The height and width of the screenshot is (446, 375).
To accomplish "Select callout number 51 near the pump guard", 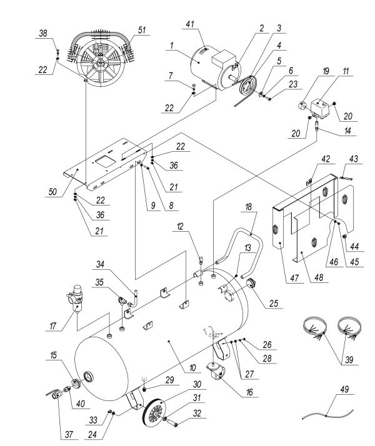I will [x=144, y=30].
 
